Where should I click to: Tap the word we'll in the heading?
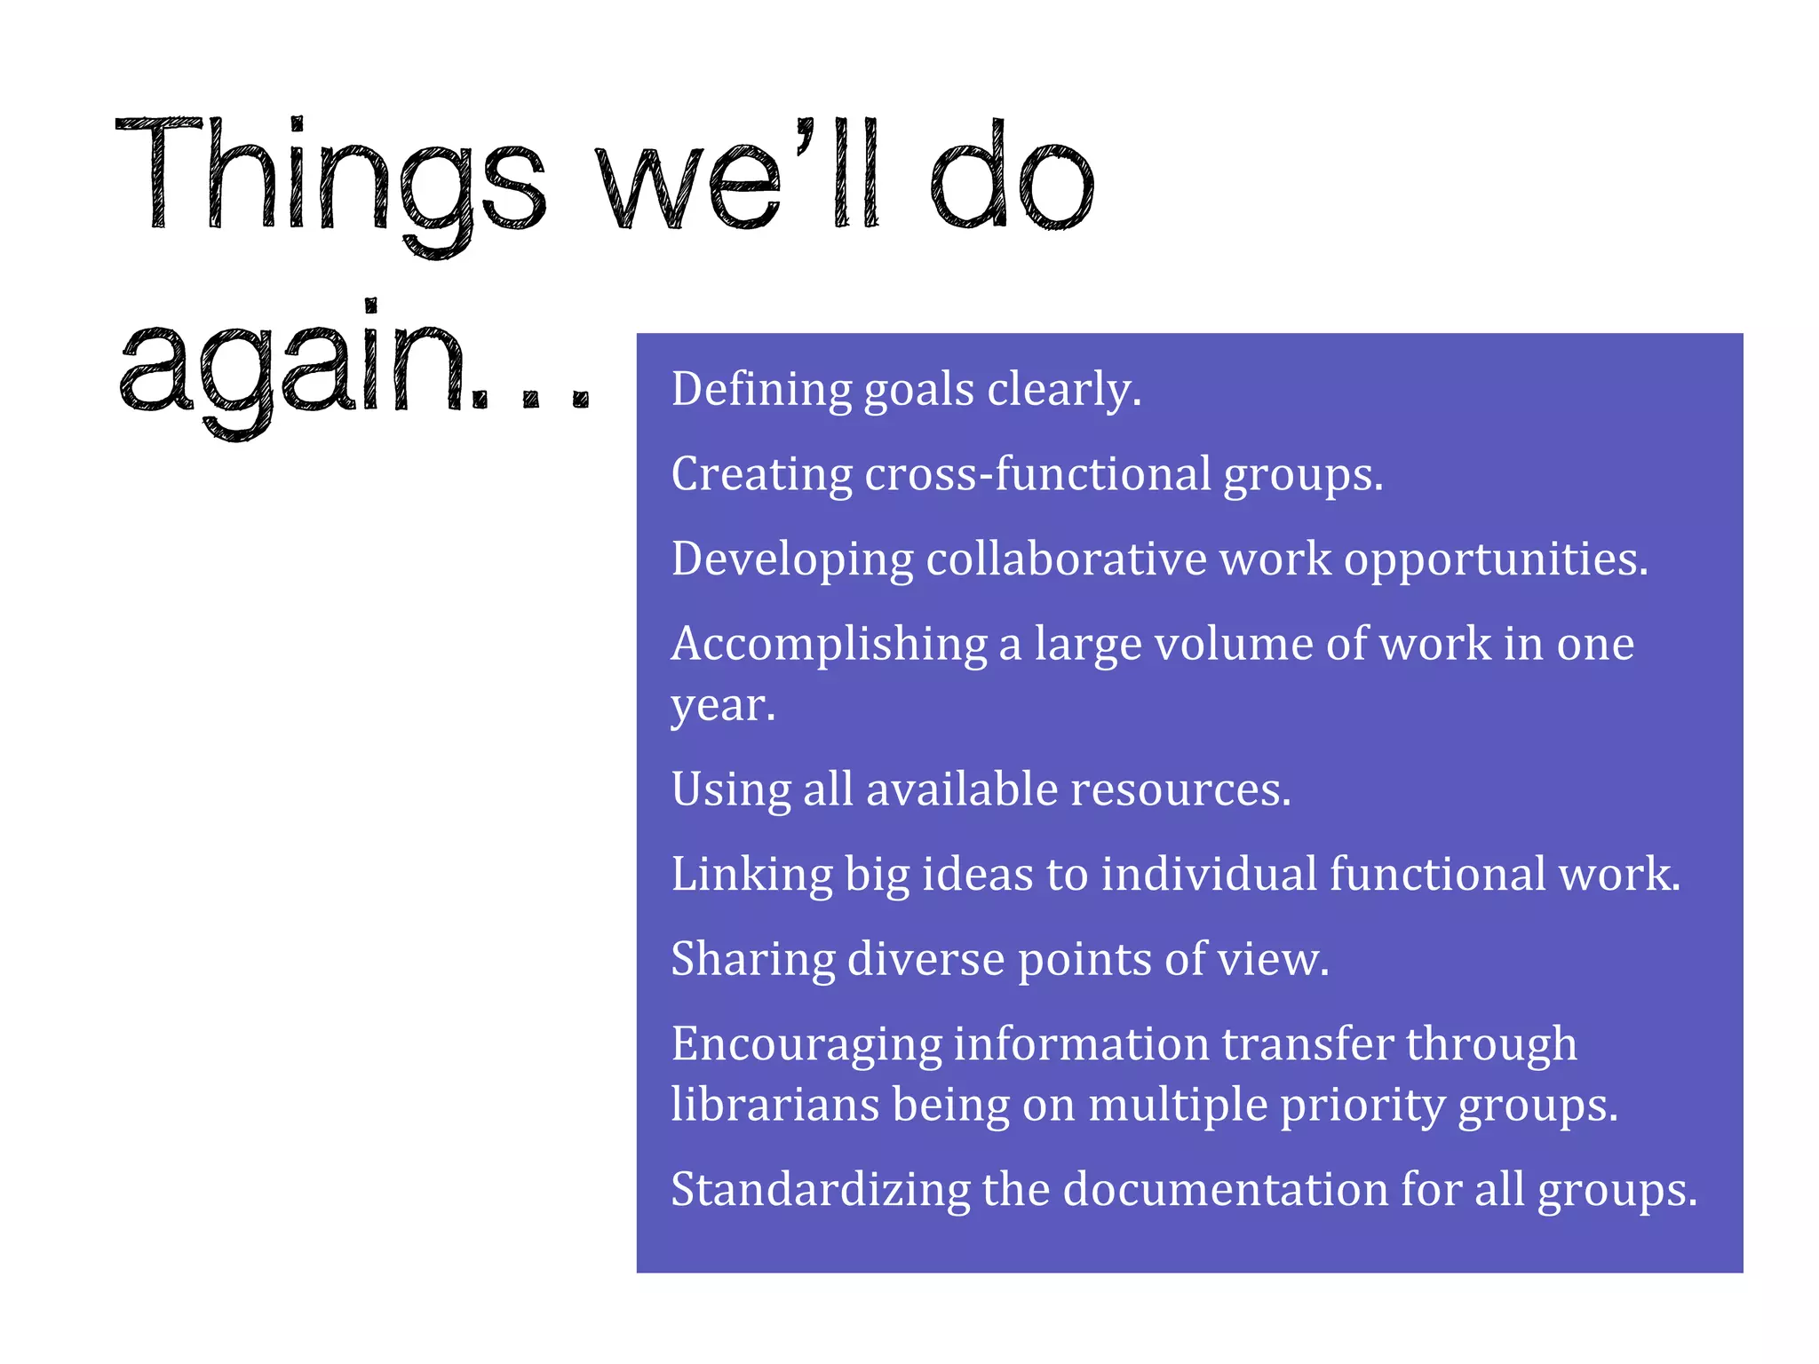[x=737, y=178]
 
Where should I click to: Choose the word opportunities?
[x=1496, y=559]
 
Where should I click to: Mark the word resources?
[x=1180, y=789]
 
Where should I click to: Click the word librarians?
[x=775, y=1105]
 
